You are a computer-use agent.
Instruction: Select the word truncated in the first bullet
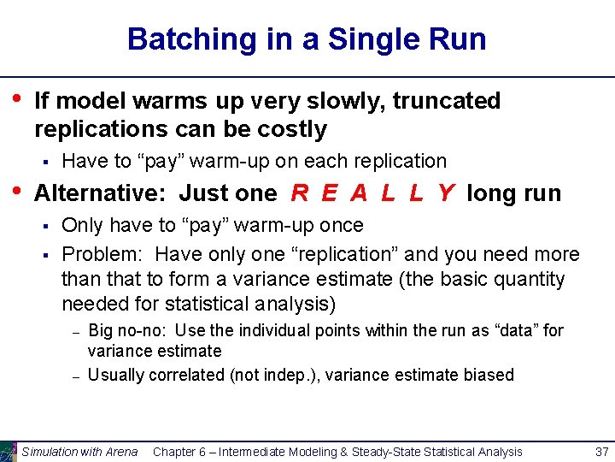(447, 101)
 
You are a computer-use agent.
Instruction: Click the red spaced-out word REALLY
(372, 193)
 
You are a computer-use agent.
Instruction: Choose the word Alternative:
(102, 193)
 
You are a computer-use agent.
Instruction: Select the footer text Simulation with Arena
(79, 452)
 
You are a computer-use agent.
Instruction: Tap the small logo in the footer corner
(9, 451)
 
